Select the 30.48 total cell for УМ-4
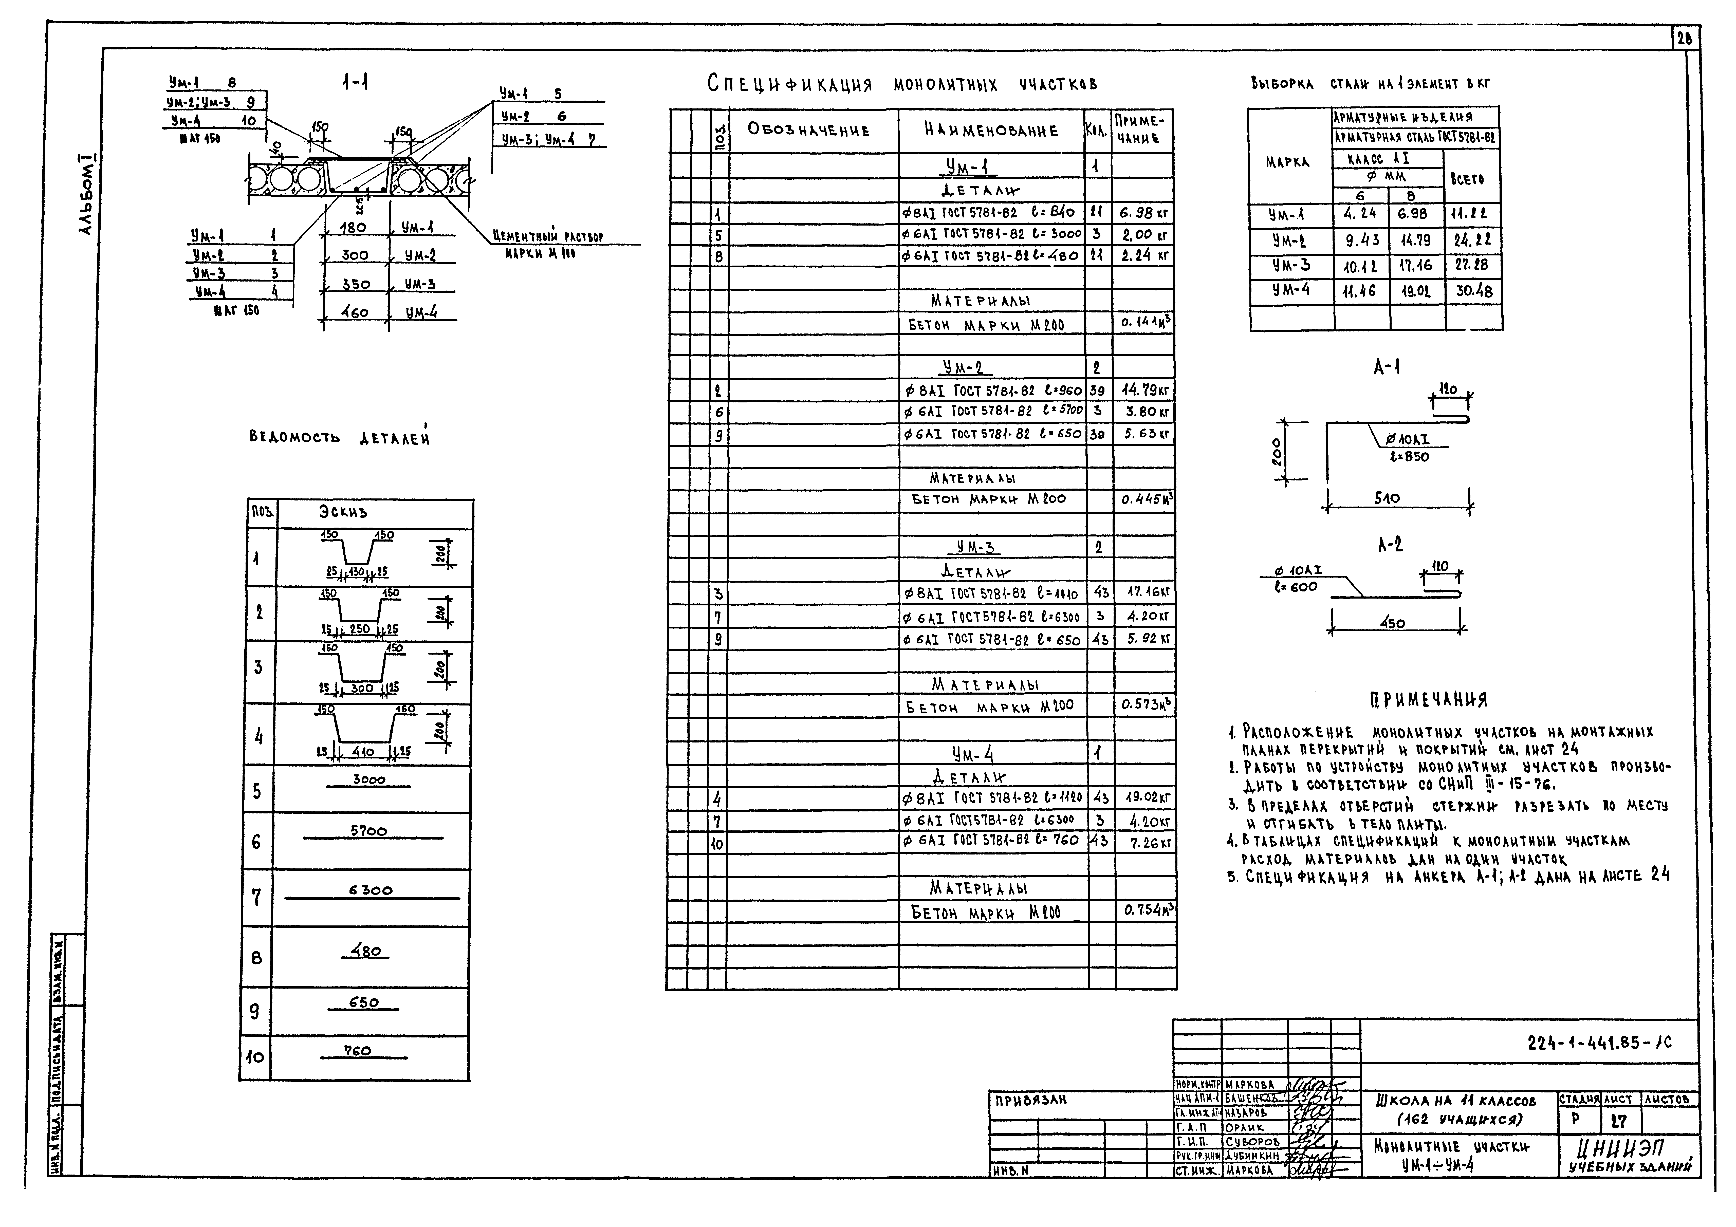pos(1474,291)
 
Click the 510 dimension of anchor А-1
pos(1387,498)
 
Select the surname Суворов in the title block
pos(1253,1142)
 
